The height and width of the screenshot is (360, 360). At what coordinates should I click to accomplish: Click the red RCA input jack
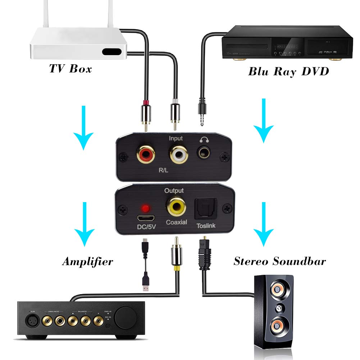click(146, 155)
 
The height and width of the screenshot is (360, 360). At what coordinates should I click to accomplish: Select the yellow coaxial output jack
click(176, 207)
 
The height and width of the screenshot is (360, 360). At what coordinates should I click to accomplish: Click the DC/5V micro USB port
click(146, 218)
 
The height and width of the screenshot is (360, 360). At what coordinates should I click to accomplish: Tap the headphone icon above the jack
click(204, 140)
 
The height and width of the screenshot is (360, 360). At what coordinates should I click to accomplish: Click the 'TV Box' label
click(70, 68)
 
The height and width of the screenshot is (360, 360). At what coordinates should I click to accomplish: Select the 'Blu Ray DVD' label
click(288, 71)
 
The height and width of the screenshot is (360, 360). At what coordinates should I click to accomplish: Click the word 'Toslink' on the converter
click(206, 225)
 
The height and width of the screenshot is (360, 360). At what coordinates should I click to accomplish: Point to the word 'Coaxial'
click(176, 222)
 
